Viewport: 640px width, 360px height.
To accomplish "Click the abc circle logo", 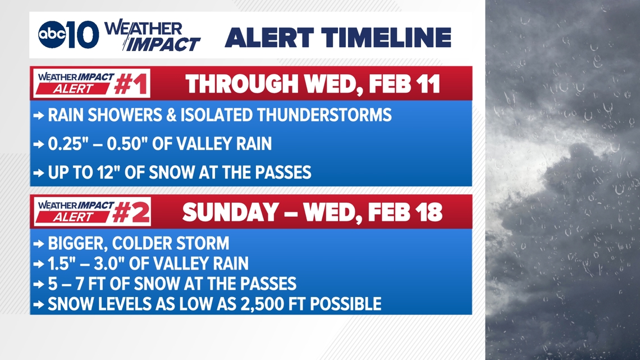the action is coord(52,35).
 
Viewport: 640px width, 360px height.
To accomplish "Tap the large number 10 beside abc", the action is coord(83,35).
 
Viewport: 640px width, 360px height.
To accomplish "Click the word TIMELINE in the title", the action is coord(388,38).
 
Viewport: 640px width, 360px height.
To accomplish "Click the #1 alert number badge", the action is coord(131,84).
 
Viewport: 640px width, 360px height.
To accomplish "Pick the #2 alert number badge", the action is coord(131,212).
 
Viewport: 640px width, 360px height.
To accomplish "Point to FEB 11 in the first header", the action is coord(404,84).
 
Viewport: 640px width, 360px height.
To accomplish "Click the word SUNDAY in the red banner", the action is coord(231,212).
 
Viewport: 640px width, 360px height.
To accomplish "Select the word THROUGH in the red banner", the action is coord(242,84).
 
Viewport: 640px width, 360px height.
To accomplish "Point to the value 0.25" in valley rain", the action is coord(66,144).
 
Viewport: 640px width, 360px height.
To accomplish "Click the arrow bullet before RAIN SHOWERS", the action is coord(39,116).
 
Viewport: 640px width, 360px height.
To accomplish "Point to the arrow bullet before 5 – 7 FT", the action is coord(39,284).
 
